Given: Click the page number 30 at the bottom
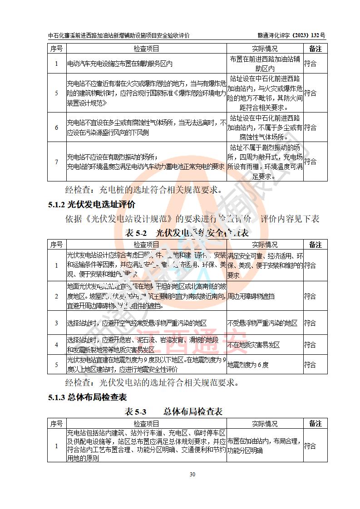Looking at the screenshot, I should tap(192, 475).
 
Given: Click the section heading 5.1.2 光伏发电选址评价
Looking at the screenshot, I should tap(92, 205).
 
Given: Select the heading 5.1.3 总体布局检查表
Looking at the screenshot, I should tap(87, 398).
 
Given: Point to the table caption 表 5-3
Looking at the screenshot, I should tap(136, 411).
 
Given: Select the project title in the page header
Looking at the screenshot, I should tap(118, 35).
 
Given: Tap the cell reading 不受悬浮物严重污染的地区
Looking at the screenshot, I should tap(264, 323).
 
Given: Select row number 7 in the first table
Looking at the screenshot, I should tap(56, 162).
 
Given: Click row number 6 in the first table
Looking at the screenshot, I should tap(56, 127).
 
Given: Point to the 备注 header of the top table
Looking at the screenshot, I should tap(315, 49).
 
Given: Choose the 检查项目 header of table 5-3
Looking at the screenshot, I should tap(146, 424).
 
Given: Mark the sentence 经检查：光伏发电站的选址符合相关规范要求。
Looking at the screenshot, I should tap(152, 382).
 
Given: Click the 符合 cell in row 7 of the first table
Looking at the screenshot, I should tap(310, 162).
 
